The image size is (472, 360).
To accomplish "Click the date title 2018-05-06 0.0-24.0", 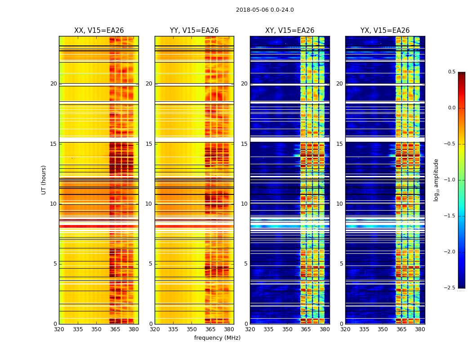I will [265, 10].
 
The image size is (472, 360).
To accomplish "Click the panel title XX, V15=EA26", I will [99, 31].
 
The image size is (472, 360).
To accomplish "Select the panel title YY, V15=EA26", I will [194, 31].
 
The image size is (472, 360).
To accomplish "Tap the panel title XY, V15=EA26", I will [289, 31].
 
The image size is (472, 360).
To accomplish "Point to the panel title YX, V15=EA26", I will [385, 31].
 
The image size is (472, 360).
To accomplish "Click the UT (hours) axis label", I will [44, 180].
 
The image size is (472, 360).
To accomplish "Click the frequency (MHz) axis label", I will [217, 338].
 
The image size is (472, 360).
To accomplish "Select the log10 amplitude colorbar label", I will [436, 180].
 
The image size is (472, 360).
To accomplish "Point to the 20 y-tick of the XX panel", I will [53, 84].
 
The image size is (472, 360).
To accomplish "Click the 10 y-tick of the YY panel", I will [149, 204].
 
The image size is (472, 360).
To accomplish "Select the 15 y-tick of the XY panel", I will [245, 144].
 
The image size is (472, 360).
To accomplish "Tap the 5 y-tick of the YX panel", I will [342, 264].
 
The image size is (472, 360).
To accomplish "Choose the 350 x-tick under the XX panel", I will [96, 329].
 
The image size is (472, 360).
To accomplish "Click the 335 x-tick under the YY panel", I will [173, 329].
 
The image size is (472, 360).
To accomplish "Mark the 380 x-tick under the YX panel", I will [420, 329].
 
